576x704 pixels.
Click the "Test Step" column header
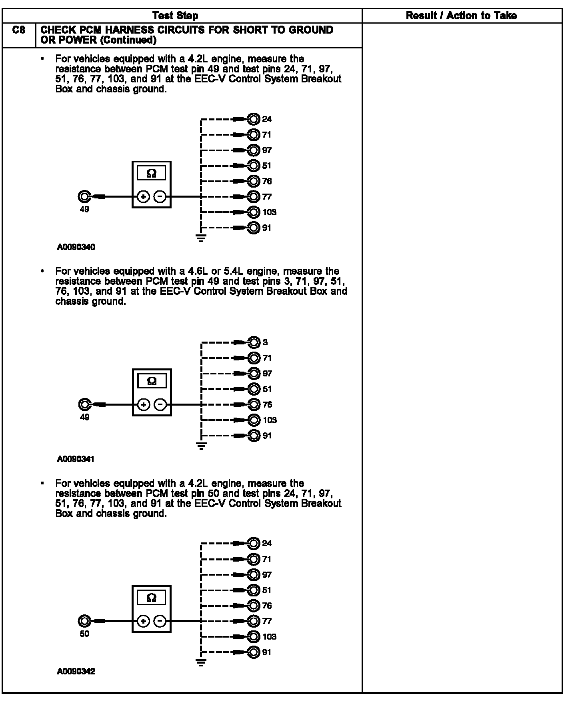pyautogui.click(x=175, y=16)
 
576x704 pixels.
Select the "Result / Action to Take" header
pyautogui.click(x=461, y=16)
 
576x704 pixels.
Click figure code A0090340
pyautogui.click(x=76, y=247)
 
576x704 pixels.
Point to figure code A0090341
pyautogui.click(x=76, y=459)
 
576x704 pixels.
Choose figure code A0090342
pyautogui.click(x=76, y=671)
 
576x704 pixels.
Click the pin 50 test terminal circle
pyautogui.click(x=84, y=621)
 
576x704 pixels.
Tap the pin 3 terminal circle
pyautogui.click(x=254, y=342)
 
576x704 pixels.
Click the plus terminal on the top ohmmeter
pyautogui.click(x=143, y=196)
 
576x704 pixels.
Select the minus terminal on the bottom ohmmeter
pyautogui.click(x=160, y=621)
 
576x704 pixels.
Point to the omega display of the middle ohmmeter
pyautogui.click(x=152, y=381)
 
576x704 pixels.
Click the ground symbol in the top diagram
pyautogui.click(x=201, y=238)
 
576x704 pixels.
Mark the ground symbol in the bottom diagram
pyautogui.click(x=201, y=663)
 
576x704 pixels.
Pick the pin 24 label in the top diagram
pyautogui.click(x=267, y=119)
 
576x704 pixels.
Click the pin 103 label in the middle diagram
pyautogui.click(x=270, y=420)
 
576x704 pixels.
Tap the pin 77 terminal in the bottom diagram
pyautogui.click(x=254, y=621)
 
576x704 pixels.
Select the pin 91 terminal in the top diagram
pyautogui.click(x=254, y=228)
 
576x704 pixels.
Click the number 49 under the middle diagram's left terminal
pyautogui.click(x=84, y=417)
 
